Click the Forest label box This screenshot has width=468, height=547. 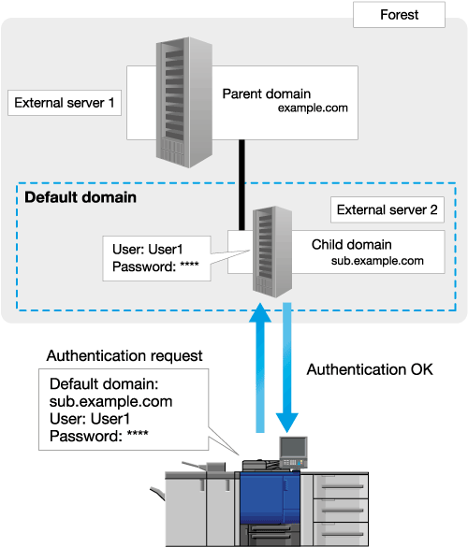coord(399,15)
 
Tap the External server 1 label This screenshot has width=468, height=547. coord(65,103)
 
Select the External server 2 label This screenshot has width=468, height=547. coord(388,209)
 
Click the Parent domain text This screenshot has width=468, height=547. coord(267,94)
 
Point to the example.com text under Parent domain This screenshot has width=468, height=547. coord(313,108)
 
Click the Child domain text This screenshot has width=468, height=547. coord(351,245)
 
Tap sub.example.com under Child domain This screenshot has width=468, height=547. coord(377,261)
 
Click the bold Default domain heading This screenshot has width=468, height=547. coord(80,197)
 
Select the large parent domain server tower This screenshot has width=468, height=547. coord(184,102)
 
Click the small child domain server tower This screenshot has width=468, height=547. coord(272,252)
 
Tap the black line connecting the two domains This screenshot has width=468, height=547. coord(241,185)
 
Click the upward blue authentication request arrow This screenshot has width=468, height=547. coord(260,367)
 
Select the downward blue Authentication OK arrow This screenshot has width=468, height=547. coord(287,367)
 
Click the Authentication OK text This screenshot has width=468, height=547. coord(370,369)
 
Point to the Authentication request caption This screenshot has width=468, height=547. coord(124,356)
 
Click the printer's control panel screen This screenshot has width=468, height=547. coord(293,448)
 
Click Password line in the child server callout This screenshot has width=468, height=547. coord(155,266)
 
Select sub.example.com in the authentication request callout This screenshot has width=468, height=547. coord(111,401)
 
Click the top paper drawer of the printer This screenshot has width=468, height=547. coord(340,486)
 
